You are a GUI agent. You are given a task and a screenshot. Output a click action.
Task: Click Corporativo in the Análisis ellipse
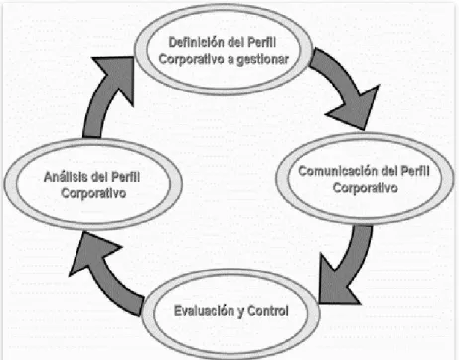coord(93,193)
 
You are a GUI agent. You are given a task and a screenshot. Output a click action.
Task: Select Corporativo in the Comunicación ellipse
coord(366,188)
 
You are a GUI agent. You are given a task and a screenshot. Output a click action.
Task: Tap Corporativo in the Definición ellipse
coord(192,59)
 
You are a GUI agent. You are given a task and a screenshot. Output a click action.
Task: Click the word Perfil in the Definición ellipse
coord(262,42)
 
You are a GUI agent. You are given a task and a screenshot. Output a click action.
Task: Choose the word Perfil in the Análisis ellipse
coord(125,177)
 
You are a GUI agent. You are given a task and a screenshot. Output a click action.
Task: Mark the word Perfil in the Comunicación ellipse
coord(415,171)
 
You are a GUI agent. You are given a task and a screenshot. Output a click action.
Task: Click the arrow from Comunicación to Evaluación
coord(352,266)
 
